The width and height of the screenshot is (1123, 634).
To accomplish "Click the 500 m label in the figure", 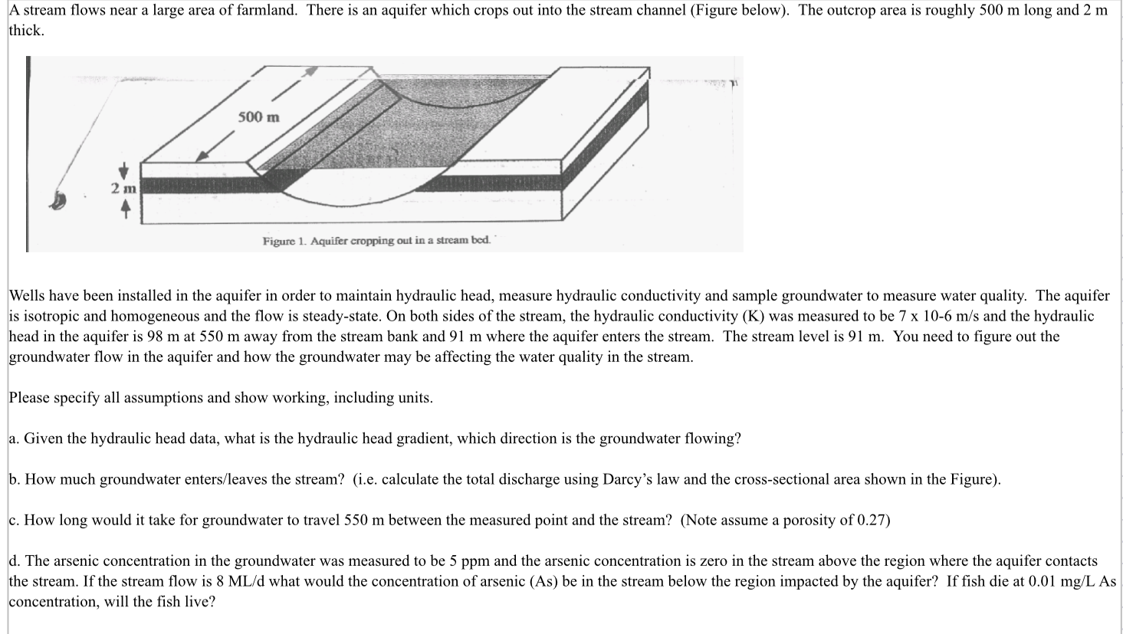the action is point(258,117).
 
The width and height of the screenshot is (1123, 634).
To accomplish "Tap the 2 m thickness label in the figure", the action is point(123,189).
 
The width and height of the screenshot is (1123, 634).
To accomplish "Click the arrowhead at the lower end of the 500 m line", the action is point(202,156).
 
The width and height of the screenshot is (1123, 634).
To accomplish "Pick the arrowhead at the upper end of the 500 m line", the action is point(310,71).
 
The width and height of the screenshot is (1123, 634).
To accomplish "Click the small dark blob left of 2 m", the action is point(57,201).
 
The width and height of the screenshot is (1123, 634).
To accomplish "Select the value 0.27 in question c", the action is point(872,520).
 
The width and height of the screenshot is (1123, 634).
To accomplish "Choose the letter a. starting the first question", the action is point(14,439).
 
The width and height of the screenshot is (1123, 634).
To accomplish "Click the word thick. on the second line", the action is point(27,31).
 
